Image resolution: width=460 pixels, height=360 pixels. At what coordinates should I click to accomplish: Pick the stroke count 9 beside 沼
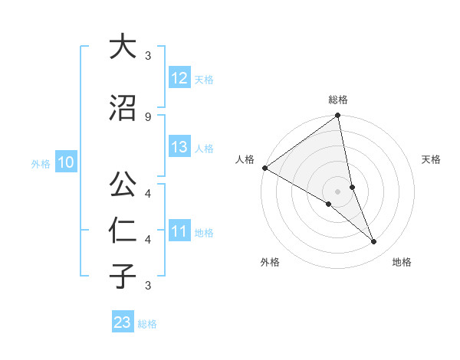pyautogui.click(x=148, y=116)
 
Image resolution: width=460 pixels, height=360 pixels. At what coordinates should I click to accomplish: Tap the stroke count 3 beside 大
pyautogui.click(x=148, y=56)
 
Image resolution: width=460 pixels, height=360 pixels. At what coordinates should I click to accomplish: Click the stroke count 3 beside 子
pyautogui.click(x=148, y=285)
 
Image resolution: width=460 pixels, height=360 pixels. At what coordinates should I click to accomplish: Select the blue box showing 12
pyautogui.click(x=179, y=78)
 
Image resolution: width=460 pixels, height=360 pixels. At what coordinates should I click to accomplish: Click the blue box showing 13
pyautogui.click(x=179, y=147)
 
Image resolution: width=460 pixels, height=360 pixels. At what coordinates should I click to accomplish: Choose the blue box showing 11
pyautogui.click(x=179, y=231)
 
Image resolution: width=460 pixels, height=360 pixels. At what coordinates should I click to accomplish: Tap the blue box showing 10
pyautogui.click(x=65, y=162)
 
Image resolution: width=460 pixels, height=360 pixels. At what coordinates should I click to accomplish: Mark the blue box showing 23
pyautogui.click(x=123, y=322)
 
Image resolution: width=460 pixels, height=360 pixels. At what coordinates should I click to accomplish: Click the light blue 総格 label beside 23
pyautogui.click(x=147, y=324)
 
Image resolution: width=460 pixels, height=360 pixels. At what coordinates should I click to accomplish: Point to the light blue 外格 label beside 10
pyautogui.click(x=41, y=164)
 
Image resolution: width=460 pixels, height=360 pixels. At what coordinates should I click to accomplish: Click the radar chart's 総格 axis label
pyautogui.click(x=338, y=100)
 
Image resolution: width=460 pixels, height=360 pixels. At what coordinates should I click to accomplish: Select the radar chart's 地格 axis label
pyautogui.click(x=402, y=262)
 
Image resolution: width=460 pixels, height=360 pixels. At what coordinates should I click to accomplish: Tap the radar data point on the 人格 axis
pyautogui.click(x=264, y=168)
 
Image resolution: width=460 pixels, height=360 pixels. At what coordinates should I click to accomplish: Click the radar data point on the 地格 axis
pyautogui.click(x=374, y=241)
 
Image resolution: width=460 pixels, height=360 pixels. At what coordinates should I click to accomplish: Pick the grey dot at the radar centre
pyautogui.click(x=338, y=191)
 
